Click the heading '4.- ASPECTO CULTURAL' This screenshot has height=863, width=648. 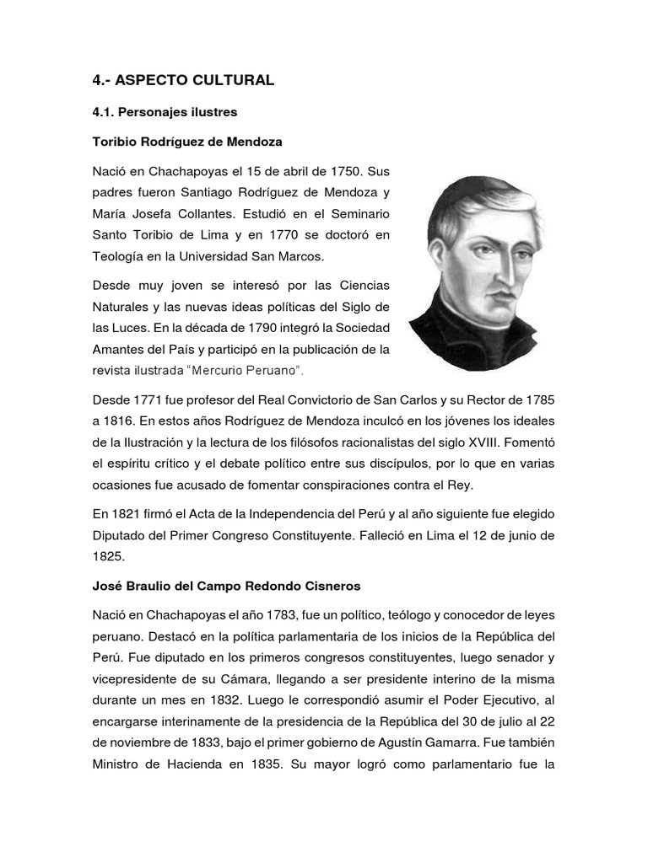(x=183, y=80)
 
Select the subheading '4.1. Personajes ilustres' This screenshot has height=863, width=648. (x=165, y=111)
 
